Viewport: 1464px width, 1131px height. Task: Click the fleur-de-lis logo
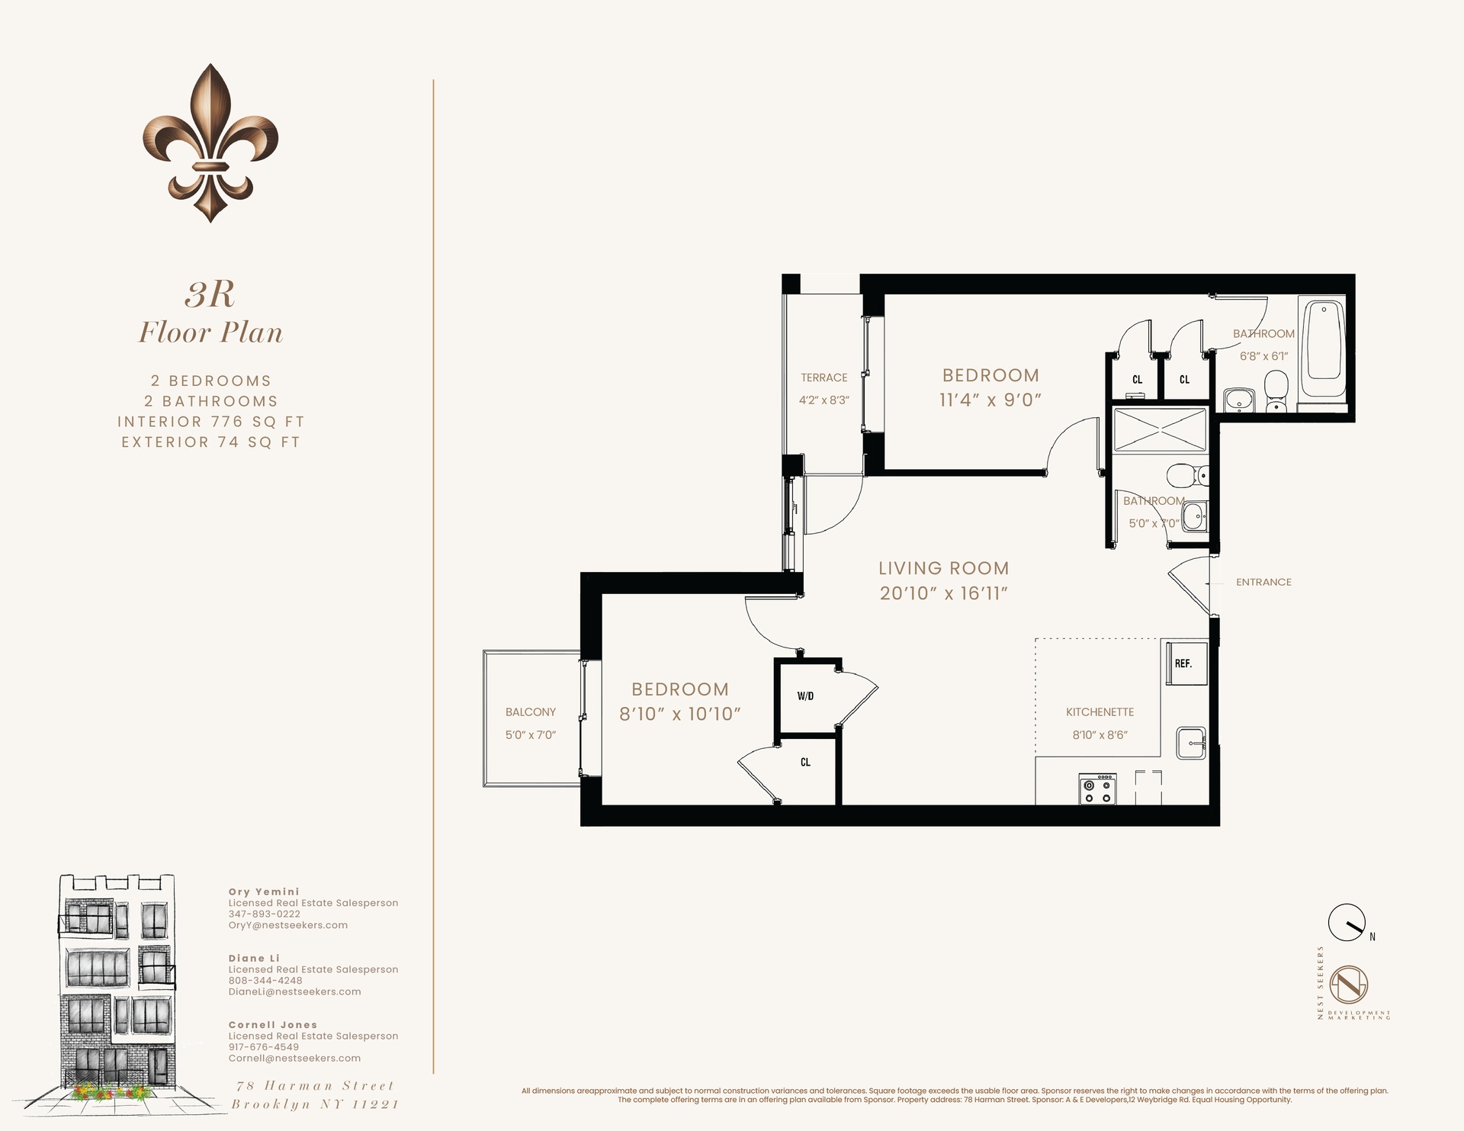[210, 143]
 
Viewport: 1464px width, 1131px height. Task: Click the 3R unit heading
[210, 295]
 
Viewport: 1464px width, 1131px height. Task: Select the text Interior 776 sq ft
[210, 422]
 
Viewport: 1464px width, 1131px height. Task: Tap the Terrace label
[823, 378]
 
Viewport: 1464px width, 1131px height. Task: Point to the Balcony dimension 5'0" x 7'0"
[531, 735]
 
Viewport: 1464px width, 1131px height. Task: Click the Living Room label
[943, 568]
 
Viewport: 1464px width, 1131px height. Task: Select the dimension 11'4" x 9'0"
[990, 400]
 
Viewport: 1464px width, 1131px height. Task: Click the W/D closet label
[805, 696]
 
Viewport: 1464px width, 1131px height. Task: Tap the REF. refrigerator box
[1183, 663]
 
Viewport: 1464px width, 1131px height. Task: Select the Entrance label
[1263, 582]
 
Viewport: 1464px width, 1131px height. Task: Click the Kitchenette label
[1100, 712]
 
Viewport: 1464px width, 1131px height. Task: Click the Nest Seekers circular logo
[1349, 985]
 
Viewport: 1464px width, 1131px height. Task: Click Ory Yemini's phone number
[264, 914]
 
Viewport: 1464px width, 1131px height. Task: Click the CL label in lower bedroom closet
[805, 762]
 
